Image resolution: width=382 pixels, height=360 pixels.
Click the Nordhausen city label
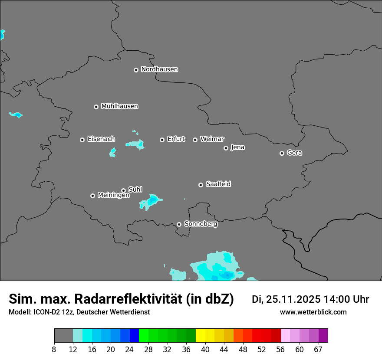[x=159, y=69]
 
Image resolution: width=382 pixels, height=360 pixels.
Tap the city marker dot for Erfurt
[x=162, y=140]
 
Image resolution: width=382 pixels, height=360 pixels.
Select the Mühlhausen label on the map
[x=119, y=106]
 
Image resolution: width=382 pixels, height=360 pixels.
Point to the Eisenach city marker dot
[x=82, y=140]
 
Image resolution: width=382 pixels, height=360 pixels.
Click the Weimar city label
[x=212, y=139]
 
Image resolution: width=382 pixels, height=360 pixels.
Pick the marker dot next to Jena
[x=226, y=148]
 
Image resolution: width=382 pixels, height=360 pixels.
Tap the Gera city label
[x=294, y=153]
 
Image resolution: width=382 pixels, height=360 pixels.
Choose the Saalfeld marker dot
[x=201, y=185]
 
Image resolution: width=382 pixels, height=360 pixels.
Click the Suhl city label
[x=135, y=190]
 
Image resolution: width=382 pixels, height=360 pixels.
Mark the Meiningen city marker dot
[x=92, y=196]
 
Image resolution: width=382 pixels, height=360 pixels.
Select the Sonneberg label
[x=201, y=224]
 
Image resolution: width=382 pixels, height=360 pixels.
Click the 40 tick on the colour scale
[x=205, y=349]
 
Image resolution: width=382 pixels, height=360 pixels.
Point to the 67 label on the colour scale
[x=318, y=349]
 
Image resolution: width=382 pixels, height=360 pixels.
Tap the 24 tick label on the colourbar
[x=129, y=349]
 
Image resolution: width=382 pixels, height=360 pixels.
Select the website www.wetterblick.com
[x=313, y=312]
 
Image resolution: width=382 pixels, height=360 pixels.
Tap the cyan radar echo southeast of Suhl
[x=152, y=200]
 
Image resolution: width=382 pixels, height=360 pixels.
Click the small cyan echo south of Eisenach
[x=112, y=152]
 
